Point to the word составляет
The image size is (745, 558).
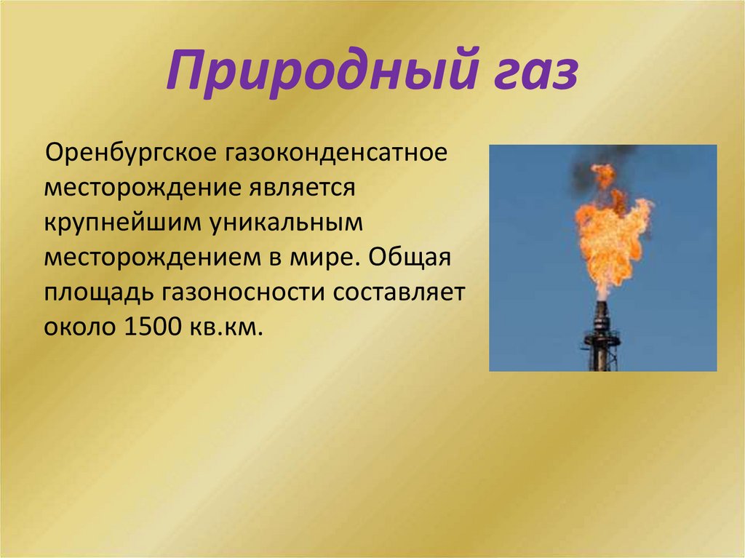pyautogui.click(x=399, y=293)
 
